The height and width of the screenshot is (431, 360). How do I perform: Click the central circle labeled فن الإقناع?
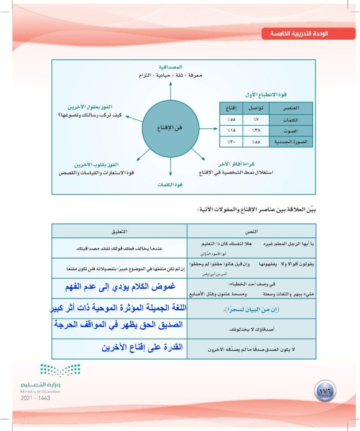pos(171,127)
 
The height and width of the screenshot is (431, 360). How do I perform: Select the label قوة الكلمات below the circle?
pos(171,185)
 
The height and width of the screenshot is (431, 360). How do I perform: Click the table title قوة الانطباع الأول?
pos(266,95)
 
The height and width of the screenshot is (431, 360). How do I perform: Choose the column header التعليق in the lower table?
pos(119,231)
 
